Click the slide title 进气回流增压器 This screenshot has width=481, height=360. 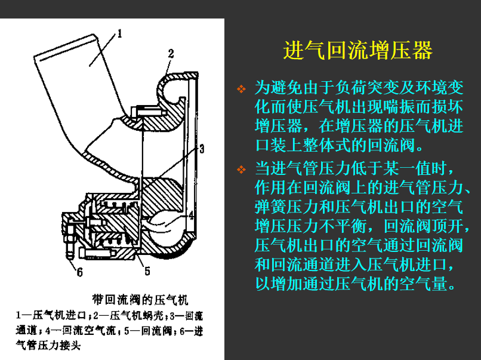(x=357, y=50)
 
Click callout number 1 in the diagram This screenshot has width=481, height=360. (x=119, y=33)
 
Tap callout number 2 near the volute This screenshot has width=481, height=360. (x=171, y=54)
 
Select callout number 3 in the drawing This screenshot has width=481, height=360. (x=202, y=149)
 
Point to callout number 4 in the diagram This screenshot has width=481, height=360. (x=191, y=216)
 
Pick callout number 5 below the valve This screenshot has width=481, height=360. (x=147, y=271)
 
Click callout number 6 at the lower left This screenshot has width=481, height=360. (x=79, y=272)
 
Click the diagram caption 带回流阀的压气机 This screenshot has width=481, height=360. (x=140, y=300)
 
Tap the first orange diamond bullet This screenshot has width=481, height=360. (x=241, y=89)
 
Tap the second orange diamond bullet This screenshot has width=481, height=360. (x=241, y=170)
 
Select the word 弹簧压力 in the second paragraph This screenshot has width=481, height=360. (x=286, y=207)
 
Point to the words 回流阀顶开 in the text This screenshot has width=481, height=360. (x=423, y=226)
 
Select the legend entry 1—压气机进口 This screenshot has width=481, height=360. (x=51, y=316)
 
